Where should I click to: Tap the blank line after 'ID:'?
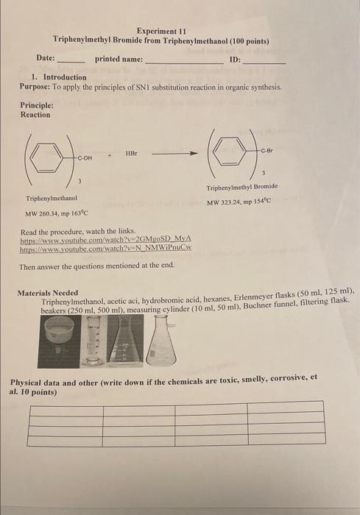coord(264,62)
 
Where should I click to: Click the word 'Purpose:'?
coord(35,87)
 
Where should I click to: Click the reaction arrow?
coord(174,154)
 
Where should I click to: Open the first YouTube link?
coord(106,240)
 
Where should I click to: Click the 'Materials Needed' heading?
coord(47,294)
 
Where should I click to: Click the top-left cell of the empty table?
coord(65,406)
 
